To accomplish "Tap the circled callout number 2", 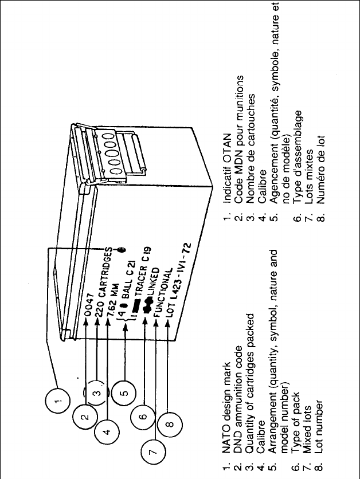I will click(x=84, y=417).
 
